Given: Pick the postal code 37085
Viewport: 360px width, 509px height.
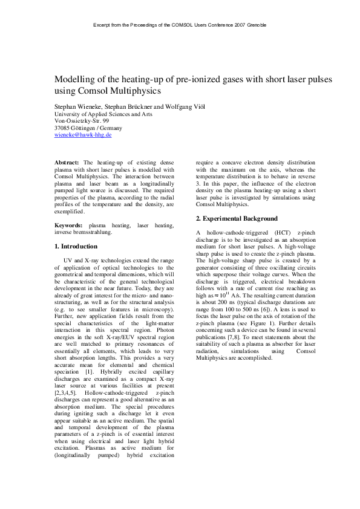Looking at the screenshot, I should pos(64,128).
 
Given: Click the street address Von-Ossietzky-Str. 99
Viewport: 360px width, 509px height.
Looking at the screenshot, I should pos(82,121).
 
